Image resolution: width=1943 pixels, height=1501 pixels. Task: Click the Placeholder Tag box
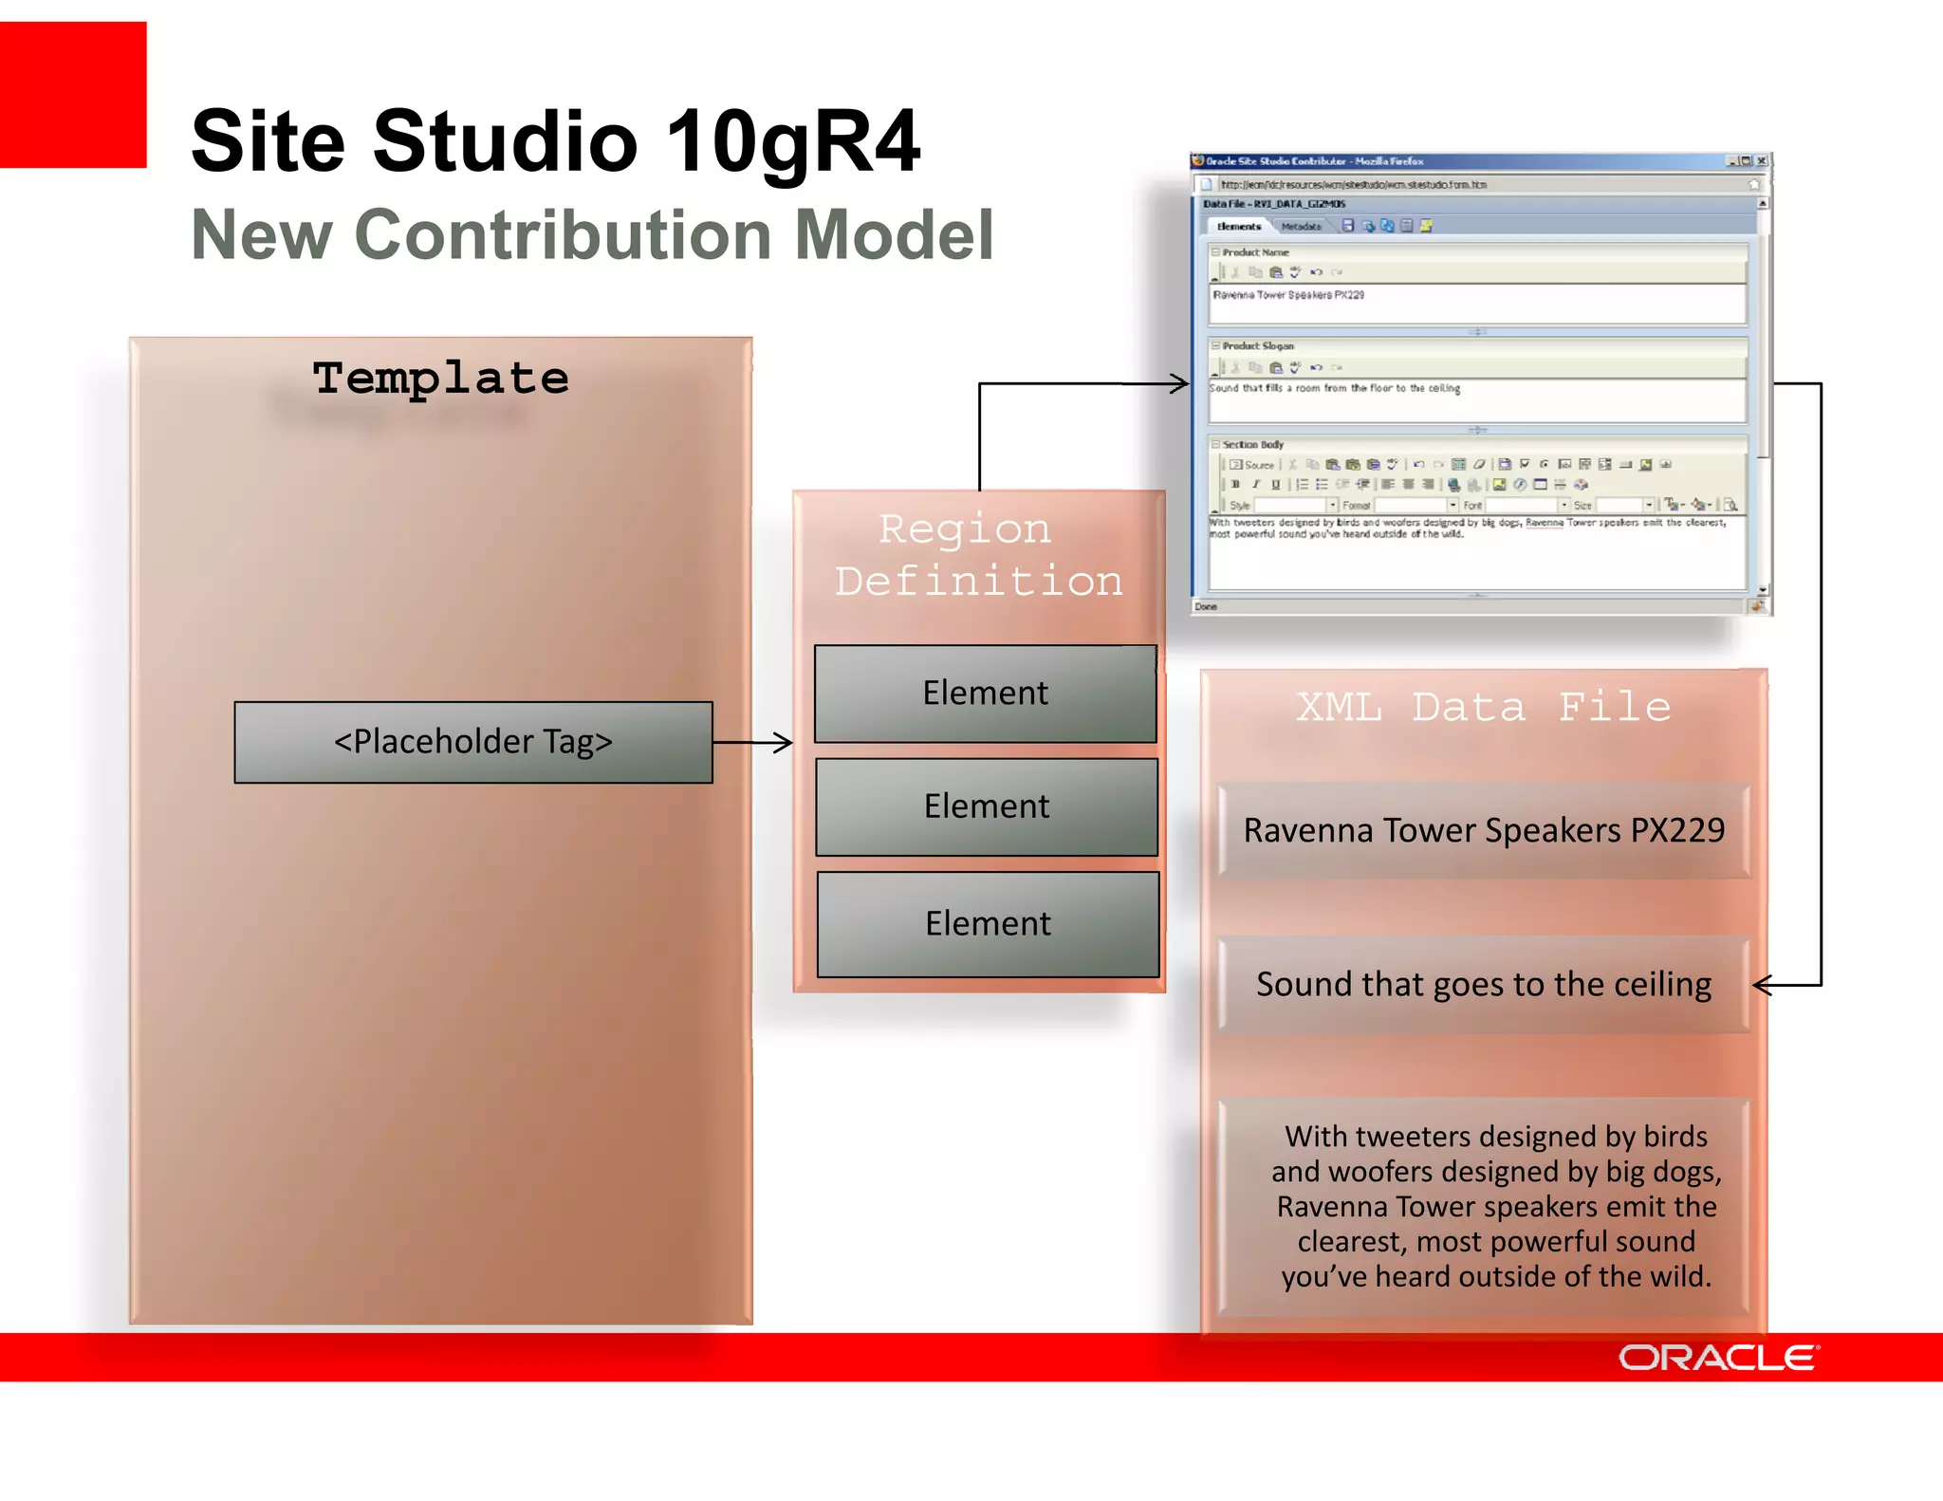[x=472, y=742]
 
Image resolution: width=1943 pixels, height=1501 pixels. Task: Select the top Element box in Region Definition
[x=985, y=694]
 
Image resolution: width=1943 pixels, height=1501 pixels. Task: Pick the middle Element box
[x=987, y=806]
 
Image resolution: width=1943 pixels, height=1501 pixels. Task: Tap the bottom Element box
[x=988, y=924]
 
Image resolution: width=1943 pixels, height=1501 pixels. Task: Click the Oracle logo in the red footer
[x=1718, y=1358]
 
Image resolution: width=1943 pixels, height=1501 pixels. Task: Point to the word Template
[x=441, y=378]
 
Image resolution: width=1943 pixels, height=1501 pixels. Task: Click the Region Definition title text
[x=977, y=555]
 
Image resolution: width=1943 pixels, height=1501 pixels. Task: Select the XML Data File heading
[x=1483, y=707]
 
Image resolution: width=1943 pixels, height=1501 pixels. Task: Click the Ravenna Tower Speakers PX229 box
[x=1484, y=830]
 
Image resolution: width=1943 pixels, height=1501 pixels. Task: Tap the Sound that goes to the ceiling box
[x=1484, y=985]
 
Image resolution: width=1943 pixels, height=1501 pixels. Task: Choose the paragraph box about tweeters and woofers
[x=1496, y=1206]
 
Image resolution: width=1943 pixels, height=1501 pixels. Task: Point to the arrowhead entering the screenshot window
[x=1180, y=383]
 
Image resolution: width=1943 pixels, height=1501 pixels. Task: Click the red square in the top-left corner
[x=72, y=95]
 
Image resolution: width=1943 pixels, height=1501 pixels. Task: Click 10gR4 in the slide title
[x=792, y=142]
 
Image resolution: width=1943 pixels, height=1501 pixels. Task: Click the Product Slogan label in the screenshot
[x=1257, y=346]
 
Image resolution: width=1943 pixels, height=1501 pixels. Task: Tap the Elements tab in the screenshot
[x=1238, y=227]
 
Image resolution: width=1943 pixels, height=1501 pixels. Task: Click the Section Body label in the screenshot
[x=1252, y=444]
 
